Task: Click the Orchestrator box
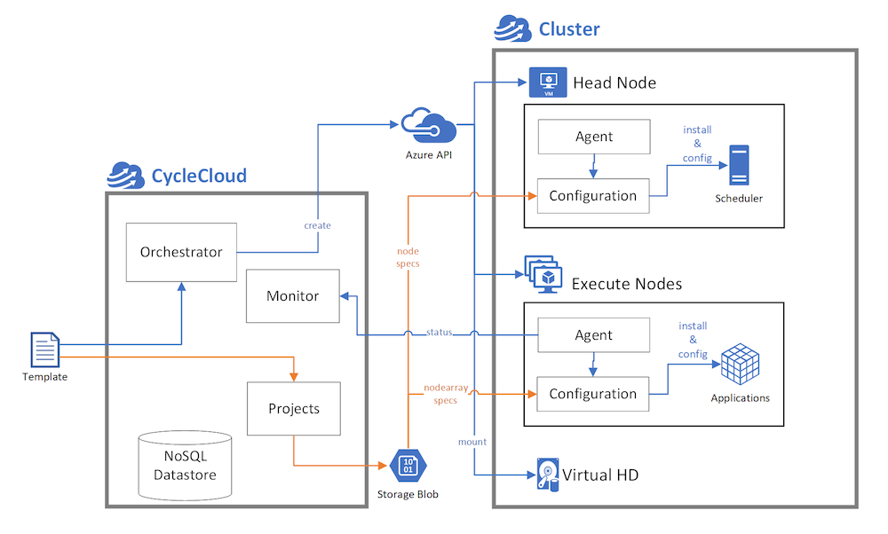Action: pos(181,252)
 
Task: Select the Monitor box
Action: pos(292,295)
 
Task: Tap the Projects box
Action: pos(293,409)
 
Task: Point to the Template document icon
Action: pos(44,349)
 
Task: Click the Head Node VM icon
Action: pos(547,82)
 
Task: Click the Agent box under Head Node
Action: pos(593,137)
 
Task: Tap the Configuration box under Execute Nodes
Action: pos(592,394)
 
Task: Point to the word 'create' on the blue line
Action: pos(317,225)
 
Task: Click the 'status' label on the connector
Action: pos(439,333)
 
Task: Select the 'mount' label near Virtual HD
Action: pos(472,441)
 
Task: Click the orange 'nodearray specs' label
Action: pos(440,394)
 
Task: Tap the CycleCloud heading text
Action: pos(199,176)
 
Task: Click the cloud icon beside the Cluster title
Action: pos(512,29)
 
